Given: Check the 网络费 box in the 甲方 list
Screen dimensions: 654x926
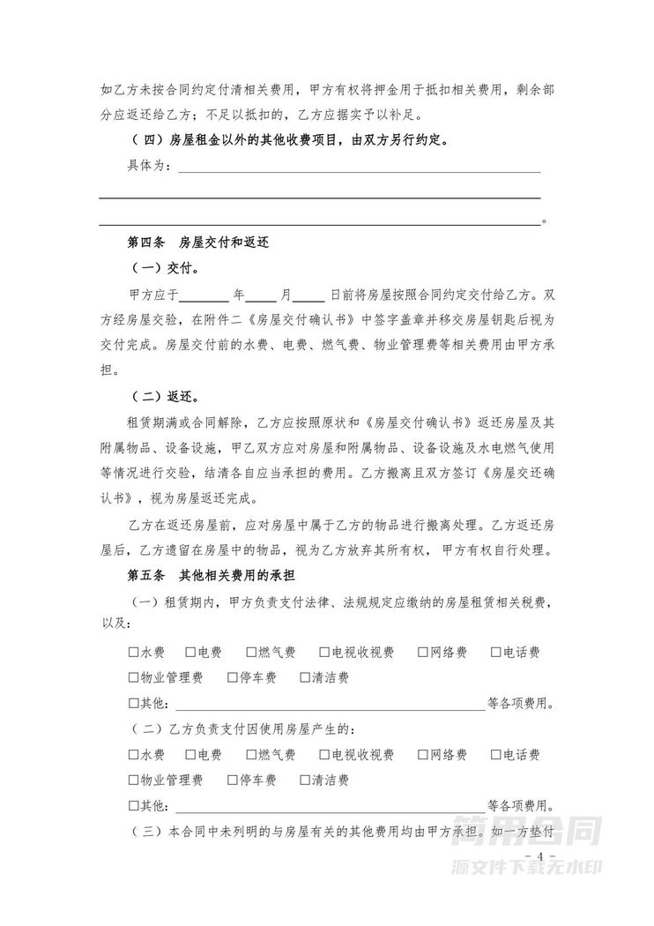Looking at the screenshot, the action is coord(424,653).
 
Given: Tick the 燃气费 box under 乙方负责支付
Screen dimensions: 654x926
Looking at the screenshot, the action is coord(251,755).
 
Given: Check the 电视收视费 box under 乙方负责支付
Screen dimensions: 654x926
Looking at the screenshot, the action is coord(325,755).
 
